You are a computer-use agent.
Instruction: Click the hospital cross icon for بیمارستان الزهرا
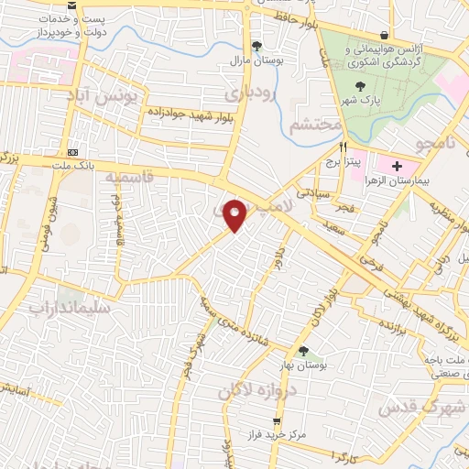tap(397, 166)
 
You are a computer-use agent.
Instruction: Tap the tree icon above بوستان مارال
tap(256, 47)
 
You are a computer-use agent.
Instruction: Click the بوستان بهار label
tap(303, 366)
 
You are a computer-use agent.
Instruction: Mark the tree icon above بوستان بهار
tap(303, 351)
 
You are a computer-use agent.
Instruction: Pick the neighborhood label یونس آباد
tap(108, 94)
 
